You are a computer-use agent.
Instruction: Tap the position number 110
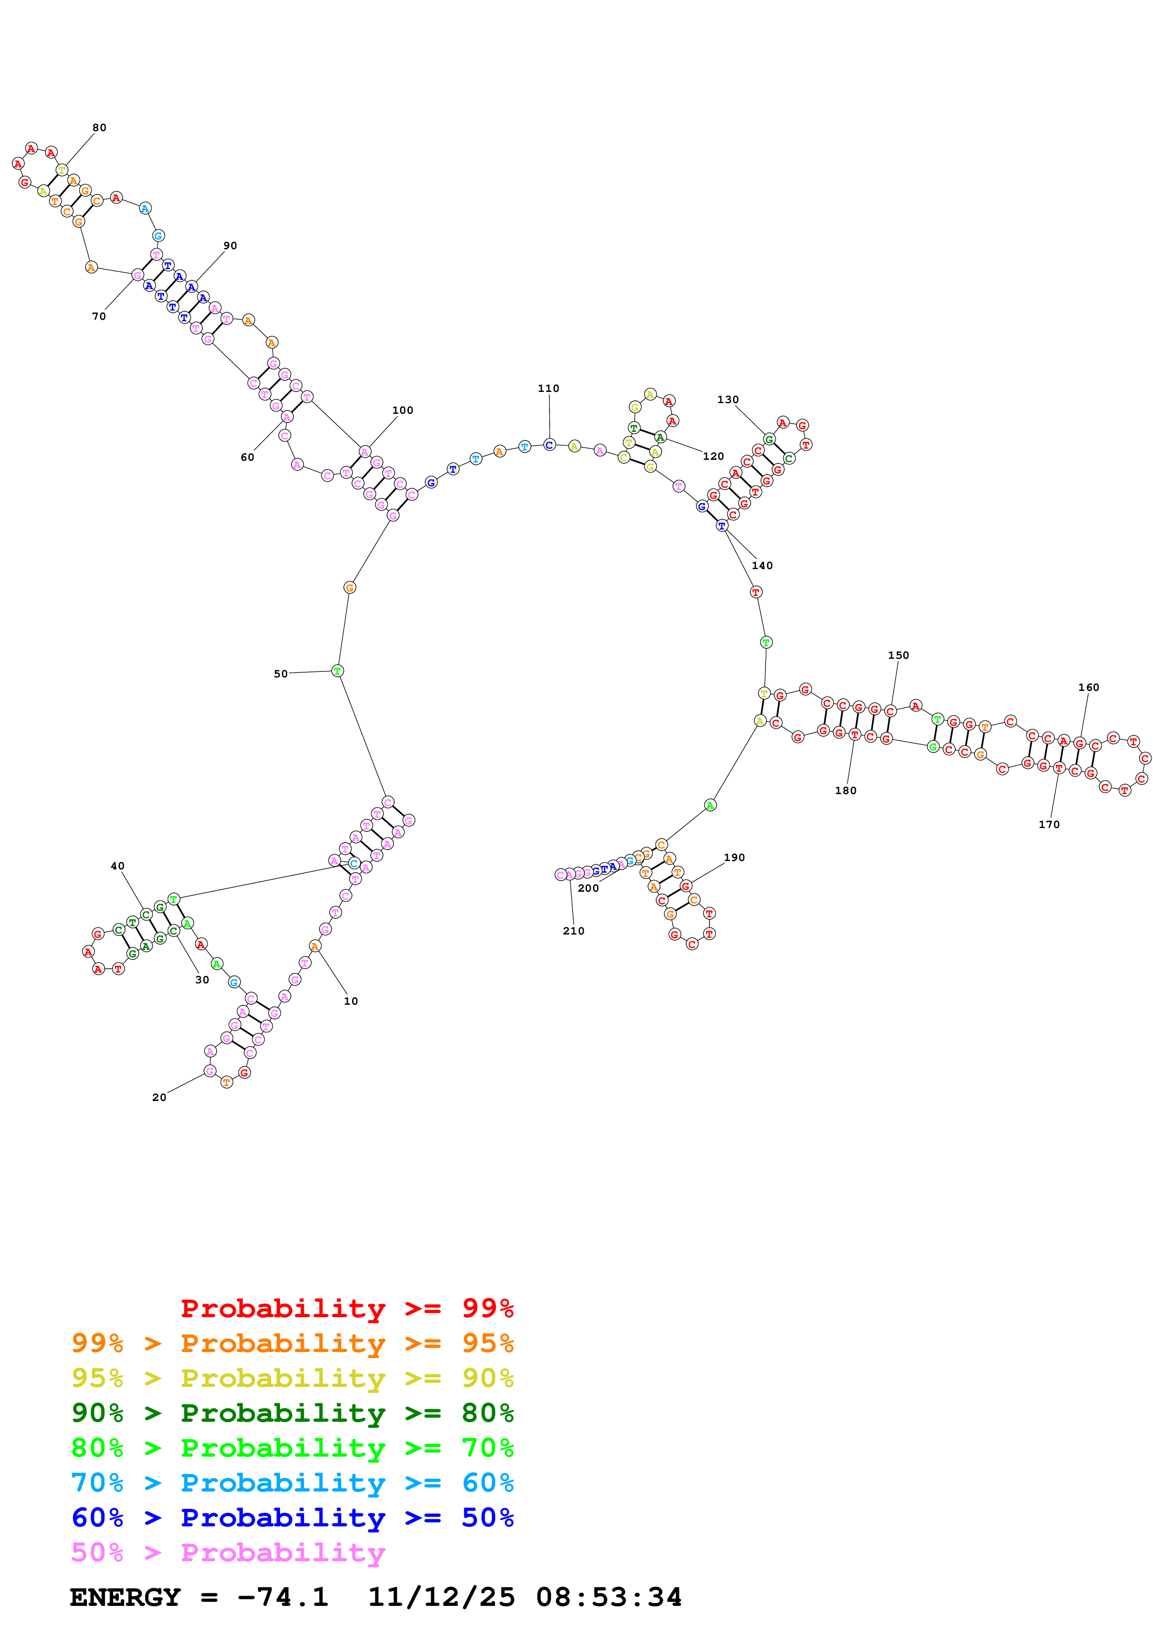(548, 389)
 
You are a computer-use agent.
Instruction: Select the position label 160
(1088, 688)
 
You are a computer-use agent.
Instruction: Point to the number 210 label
(573, 931)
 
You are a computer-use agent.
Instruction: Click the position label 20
(159, 1098)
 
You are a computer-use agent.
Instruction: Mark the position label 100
(402, 411)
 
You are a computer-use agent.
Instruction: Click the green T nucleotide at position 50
(338, 670)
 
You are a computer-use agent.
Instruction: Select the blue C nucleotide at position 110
(549, 444)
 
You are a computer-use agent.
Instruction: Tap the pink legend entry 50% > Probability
(228, 1553)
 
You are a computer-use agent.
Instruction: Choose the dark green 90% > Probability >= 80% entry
(292, 1413)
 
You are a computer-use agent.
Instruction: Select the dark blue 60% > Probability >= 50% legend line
(292, 1518)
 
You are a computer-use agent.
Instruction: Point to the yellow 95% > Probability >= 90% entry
(292, 1378)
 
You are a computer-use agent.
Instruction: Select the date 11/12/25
(441, 1598)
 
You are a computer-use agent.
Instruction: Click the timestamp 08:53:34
(609, 1598)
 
